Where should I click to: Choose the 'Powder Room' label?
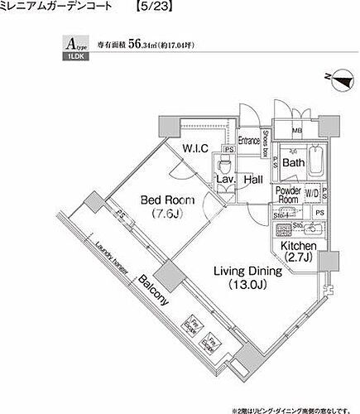pyautogui.click(x=288, y=195)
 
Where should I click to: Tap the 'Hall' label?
pyautogui.click(x=253, y=179)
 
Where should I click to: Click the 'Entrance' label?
pyautogui.click(x=248, y=141)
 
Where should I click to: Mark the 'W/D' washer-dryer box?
pyautogui.click(x=311, y=195)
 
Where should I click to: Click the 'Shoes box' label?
pyautogui.click(x=264, y=144)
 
